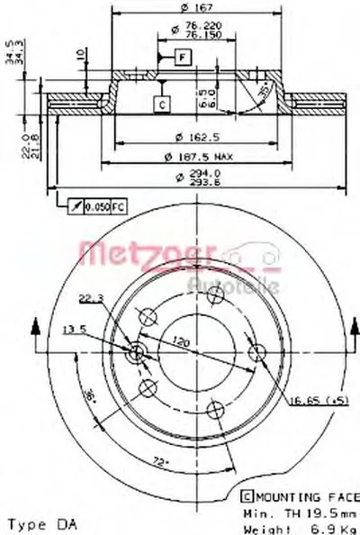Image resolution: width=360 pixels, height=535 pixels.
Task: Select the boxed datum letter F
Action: coord(182,59)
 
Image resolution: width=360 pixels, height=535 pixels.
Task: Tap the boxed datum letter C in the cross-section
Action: coord(161,104)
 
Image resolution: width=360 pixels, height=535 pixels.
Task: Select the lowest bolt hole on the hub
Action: coord(212,410)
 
